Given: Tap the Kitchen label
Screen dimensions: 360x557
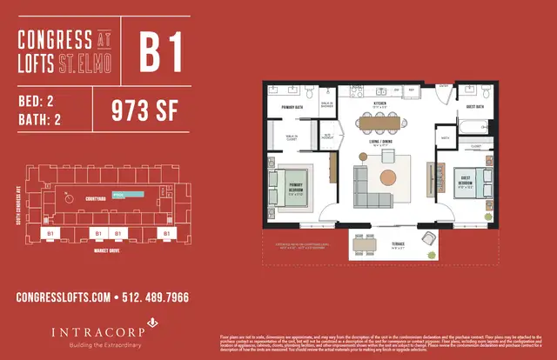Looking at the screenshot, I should click(x=379, y=103).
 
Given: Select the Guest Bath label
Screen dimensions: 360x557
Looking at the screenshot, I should click(x=474, y=107).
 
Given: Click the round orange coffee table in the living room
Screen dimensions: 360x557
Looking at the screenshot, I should click(x=388, y=178).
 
